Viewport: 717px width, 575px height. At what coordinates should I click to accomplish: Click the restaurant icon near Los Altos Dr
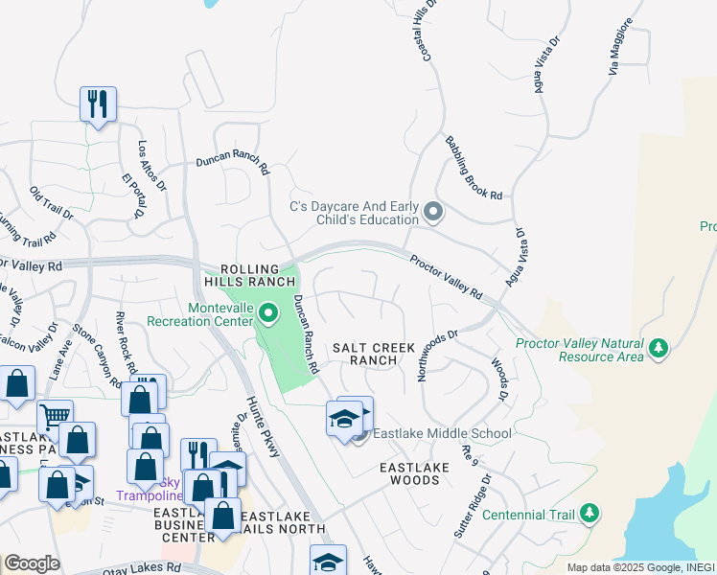(x=98, y=103)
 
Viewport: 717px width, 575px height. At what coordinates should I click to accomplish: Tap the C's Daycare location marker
(x=433, y=212)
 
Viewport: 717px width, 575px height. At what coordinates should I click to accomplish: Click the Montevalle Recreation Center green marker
(x=269, y=312)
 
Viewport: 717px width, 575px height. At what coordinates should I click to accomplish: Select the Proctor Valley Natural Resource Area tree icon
(x=658, y=348)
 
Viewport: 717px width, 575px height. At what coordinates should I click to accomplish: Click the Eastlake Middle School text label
(x=441, y=433)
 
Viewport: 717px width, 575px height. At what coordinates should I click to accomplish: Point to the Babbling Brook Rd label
(x=474, y=168)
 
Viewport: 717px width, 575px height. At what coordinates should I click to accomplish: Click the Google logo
(x=32, y=563)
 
